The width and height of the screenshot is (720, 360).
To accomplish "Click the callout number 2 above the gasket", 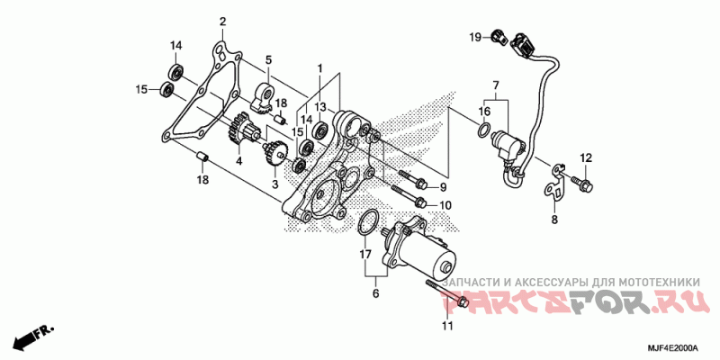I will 223,22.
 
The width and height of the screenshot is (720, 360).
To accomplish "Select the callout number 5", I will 268,60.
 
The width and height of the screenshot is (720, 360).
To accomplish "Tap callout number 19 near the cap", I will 473,36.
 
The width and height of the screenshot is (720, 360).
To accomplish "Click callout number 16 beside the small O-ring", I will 484,112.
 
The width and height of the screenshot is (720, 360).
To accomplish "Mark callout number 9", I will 443,186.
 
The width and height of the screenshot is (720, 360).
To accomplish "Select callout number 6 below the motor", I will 375,293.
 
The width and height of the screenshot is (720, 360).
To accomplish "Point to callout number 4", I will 239,162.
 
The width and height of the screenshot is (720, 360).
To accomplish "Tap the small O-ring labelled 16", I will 484,134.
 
